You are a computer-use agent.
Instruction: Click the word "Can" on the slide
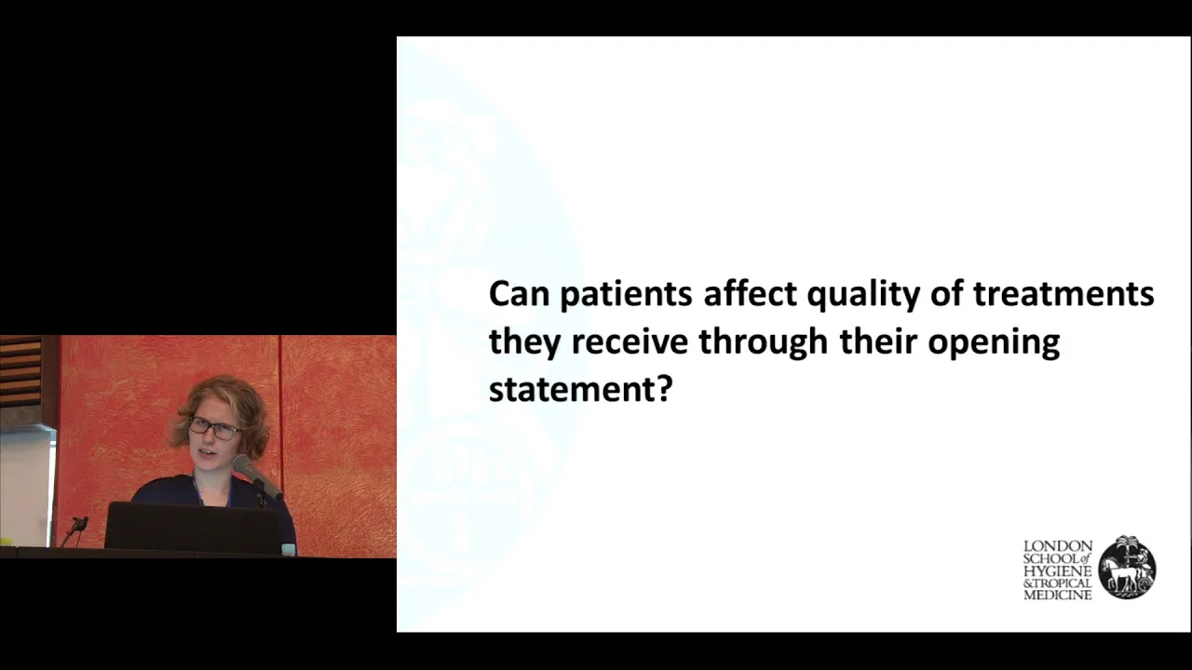click(x=519, y=294)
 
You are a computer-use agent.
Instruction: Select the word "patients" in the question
click(x=626, y=295)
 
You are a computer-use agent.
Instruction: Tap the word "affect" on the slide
click(x=750, y=293)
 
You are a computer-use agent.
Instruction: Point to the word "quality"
click(x=863, y=295)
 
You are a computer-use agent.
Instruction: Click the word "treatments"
click(x=1064, y=294)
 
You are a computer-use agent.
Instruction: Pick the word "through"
click(x=764, y=342)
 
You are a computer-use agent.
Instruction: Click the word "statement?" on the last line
click(x=581, y=390)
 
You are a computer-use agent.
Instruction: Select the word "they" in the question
click(x=524, y=342)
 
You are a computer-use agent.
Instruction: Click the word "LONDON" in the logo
click(x=1058, y=546)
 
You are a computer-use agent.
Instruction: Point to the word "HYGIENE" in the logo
click(x=1058, y=571)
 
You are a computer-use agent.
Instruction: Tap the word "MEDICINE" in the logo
click(x=1058, y=596)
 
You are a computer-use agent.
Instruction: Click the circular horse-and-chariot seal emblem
click(x=1127, y=568)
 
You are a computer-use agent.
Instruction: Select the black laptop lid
click(x=192, y=528)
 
